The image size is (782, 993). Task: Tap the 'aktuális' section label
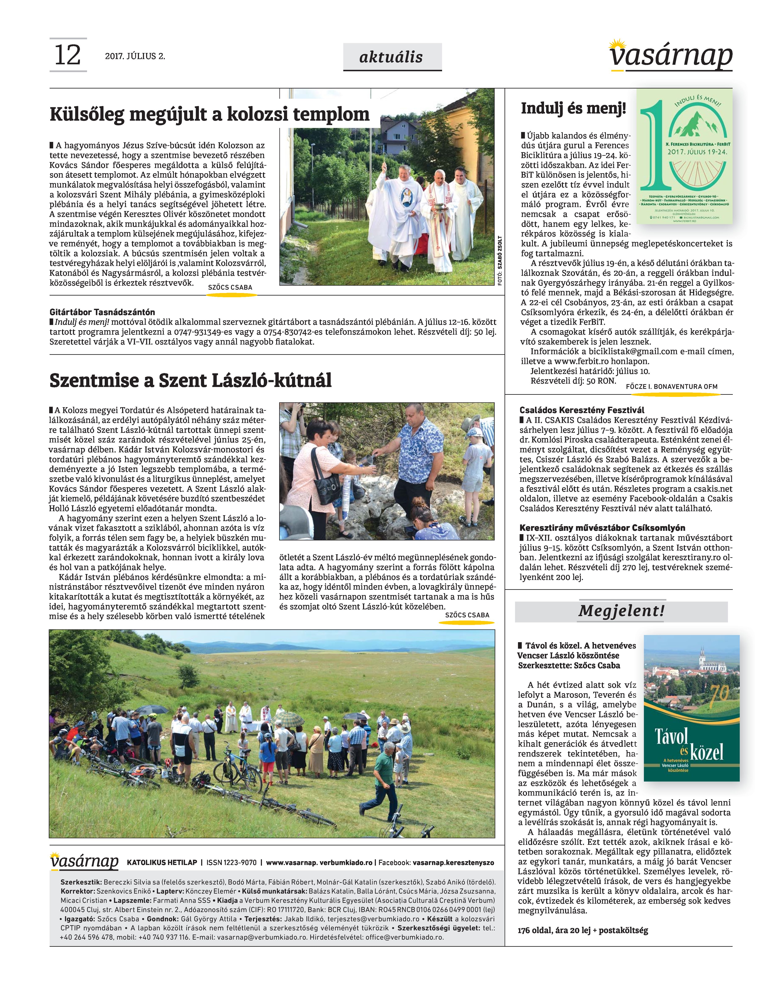392,57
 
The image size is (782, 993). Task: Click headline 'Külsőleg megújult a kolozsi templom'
209,114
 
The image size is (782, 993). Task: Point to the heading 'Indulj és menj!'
573,108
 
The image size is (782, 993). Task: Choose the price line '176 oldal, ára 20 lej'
582,930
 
